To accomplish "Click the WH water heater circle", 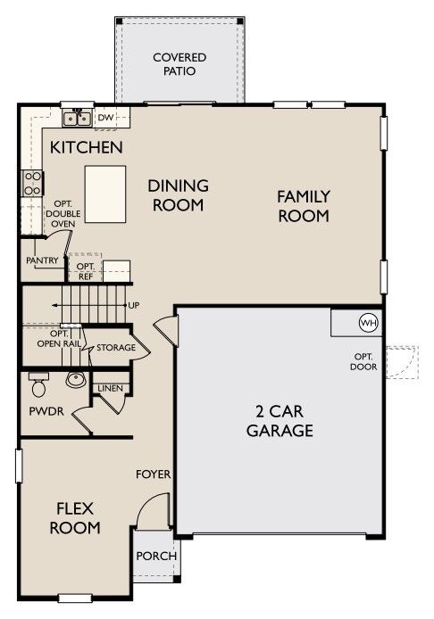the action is coord(369,323).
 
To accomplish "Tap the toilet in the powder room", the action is coord(38,384).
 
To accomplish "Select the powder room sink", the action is coord(76,380).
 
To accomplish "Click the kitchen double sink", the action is coord(77,118).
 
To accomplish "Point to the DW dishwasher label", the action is coord(105,117).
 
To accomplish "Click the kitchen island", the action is coord(105,194).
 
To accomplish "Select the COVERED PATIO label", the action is coord(179,64).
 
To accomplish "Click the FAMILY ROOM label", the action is coord(304,206).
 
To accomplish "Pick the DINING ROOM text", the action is coord(179,195).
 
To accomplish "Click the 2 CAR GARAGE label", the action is coord(280,421).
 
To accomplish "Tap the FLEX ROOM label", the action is coord(75,518).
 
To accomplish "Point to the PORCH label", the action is coord(156,556).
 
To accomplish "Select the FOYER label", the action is coord(154,475).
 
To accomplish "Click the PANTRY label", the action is coord(42,260).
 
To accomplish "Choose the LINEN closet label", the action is coord(110,389).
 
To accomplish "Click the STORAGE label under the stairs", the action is coord(116,347).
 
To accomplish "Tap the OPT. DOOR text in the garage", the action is coord(363,361).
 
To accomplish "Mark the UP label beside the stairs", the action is coord(134,306).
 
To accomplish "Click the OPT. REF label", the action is coord(86,272).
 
